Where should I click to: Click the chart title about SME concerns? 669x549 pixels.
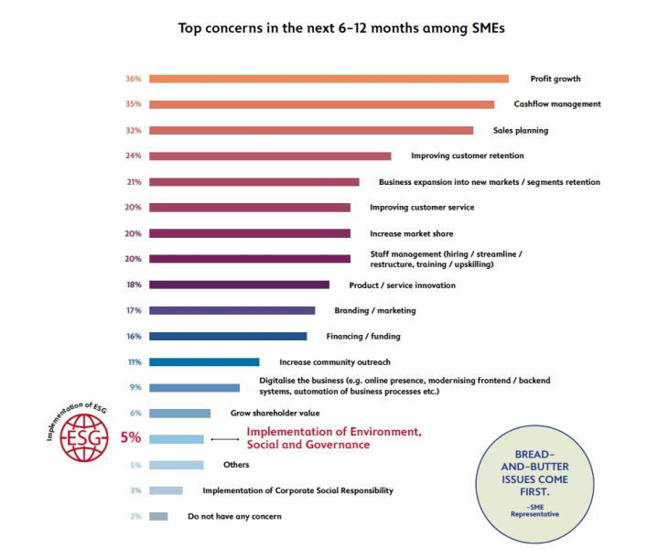(x=341, y=28)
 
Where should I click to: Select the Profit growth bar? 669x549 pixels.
(x=329, y=79)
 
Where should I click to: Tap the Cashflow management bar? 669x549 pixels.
(x=321, y=104)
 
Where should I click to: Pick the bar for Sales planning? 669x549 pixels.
(x=311, y=130)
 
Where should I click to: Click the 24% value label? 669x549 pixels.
(x=133, y=156)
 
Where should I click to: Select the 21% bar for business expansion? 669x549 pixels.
(x=254, y=182)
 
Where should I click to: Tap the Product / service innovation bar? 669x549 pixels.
(x=239, y=285)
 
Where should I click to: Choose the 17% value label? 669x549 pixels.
(x=133, y=310)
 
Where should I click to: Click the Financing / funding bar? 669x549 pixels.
(x=228, y=336)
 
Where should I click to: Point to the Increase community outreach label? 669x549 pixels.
(x=334, y=361)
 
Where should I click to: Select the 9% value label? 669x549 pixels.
(x=135, y=387)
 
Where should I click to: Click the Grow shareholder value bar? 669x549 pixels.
(x=179, y=414)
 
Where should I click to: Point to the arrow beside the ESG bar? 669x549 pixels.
(x=224, y=439)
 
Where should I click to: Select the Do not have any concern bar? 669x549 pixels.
(x=158, y=516)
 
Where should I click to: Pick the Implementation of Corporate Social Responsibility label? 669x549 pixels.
(x=297, y=490)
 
